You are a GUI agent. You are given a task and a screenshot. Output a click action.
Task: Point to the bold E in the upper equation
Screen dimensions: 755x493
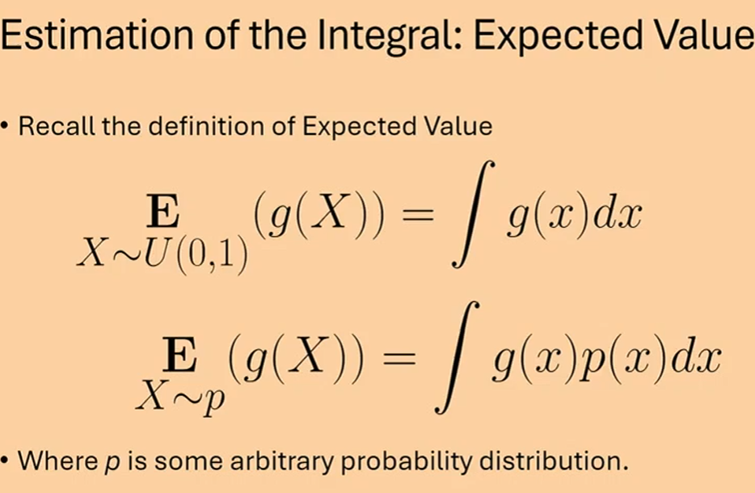[162, 212]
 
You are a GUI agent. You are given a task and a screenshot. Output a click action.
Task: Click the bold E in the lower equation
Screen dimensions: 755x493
[179, 355]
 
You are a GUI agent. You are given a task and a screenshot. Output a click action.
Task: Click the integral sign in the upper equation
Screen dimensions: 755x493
[473, 213]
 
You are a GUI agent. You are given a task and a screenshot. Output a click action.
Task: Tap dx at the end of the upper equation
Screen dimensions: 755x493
[618, 213]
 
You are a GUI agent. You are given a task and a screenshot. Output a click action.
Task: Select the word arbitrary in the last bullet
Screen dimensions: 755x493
[281, 461]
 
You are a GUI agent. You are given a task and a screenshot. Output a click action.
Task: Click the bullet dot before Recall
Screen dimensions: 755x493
[5, 127]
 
